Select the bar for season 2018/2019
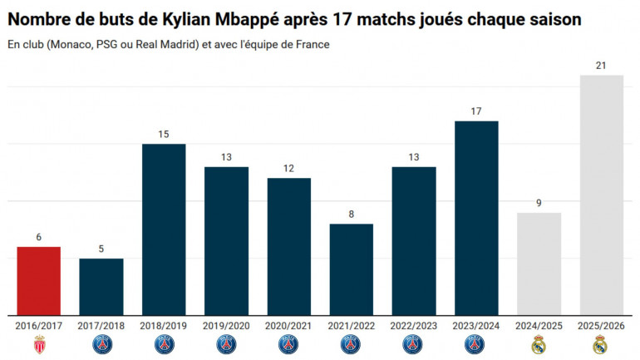164,229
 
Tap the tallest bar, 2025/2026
600,195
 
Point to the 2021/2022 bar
351,269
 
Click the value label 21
600,64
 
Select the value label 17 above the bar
475,110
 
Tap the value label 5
101,248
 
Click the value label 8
351,214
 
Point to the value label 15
164,133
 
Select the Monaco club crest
38,344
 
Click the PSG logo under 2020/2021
288,344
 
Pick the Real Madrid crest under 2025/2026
600,344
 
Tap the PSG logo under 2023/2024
475,344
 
